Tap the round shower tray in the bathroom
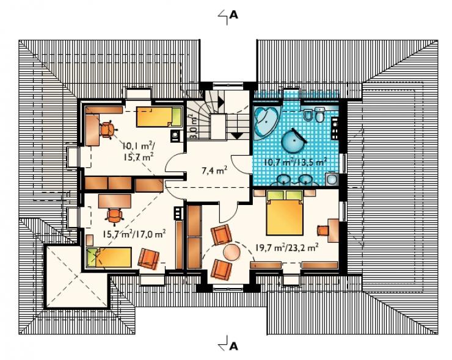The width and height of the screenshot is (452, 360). click(x=293, y=140)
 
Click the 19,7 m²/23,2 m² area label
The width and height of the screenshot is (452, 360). click(x=287, y=247)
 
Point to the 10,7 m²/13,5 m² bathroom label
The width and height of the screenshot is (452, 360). click(x=295, y=162)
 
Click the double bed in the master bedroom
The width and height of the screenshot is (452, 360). click(x=285, y=212)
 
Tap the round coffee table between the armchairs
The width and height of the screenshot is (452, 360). click(x=232, y=252)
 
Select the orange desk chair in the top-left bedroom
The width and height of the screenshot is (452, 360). click(x=108, y=129)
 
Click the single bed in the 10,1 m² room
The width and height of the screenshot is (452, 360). click(x=159, y=117)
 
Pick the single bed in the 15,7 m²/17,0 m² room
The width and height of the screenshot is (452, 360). click(x=109, y=257)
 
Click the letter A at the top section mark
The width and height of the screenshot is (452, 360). click(x=234, y=15)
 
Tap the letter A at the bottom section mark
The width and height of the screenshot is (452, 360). click(x=234, y=345)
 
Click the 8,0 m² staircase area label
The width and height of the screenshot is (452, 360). click(x=193, y=127)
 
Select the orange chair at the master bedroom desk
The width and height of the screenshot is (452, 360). click(x=323, y=231)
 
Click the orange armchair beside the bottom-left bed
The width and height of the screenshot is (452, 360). click(x=148, y=259)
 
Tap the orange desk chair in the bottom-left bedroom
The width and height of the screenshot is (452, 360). click(x=114, y=216)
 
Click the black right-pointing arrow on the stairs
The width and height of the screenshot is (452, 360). click(x=221, y=101)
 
